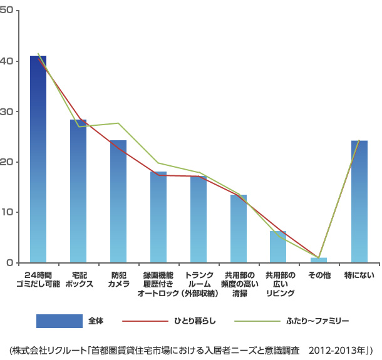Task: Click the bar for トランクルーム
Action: [x=199, y=219]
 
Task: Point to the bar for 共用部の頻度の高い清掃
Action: [x=239, y=229]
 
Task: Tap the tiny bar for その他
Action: [x=319, y=260]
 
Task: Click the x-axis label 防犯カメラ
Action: [x=118, y=279]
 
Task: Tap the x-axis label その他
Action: [x=319, y=275]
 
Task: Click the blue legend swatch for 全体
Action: [x=59, y=321]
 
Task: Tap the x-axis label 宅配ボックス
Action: [x=78, y=279]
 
